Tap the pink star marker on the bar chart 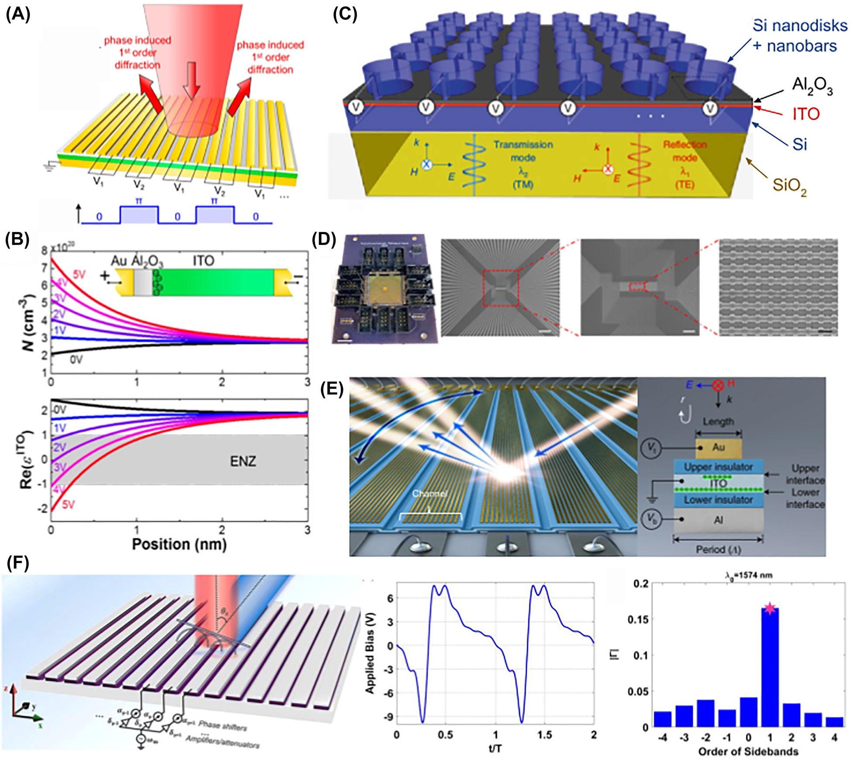(769, 608)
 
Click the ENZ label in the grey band (243, 461)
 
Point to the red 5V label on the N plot (79, 274)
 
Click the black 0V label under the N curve (76, 359)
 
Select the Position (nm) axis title (179, 544)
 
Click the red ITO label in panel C (806, 114)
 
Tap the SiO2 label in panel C (789, 186)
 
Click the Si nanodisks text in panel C (799, 26)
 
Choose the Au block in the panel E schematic (718, 447)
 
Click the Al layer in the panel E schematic (718, 520)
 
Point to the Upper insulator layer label (718, 466)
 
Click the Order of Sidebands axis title (748, 751)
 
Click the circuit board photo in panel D (385, 289)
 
